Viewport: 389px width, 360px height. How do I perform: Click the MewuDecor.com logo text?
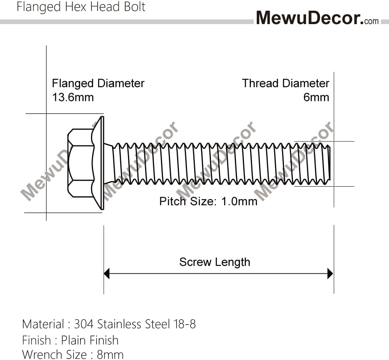point(317,17)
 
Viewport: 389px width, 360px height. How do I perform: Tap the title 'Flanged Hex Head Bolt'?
point(81,7)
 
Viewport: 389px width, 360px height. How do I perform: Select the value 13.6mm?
point(73,97)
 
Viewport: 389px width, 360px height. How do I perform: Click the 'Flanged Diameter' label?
point(98,84)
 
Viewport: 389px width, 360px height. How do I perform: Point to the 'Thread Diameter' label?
point(286,84)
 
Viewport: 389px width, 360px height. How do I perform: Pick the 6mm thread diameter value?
point(316,97)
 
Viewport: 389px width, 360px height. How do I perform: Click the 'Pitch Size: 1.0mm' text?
point(208,201)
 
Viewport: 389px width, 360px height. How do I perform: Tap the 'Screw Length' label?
point(214,262)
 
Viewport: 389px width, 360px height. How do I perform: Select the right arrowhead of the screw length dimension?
point(330,273)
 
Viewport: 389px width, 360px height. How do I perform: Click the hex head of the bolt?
point(81,163)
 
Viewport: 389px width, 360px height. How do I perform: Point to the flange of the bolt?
point(100,163)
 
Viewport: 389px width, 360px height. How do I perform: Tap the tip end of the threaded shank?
point(329,163)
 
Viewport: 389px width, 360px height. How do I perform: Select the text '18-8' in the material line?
point(184,324)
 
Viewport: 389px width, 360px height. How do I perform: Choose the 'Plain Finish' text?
point(90,340)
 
